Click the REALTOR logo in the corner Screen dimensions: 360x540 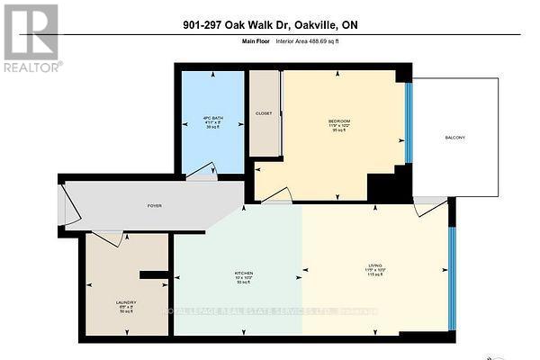pos(31,38)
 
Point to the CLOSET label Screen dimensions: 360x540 pos(264,114)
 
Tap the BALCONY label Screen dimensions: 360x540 pos(456,138)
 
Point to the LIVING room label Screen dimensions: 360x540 pos(375,265)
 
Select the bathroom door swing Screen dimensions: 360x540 pos(203,171)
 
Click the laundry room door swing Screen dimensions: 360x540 pos(107,238)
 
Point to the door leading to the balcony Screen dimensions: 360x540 pos(430,207)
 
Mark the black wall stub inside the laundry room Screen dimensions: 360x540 pos(154,274)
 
